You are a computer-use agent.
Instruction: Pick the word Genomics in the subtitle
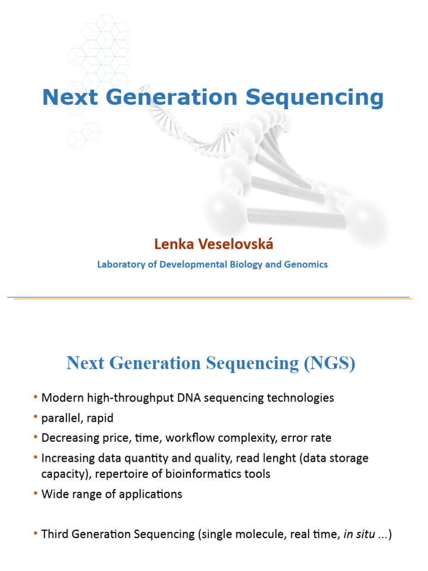click(305, 264)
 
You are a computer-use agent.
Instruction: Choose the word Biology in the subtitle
click(246, 264)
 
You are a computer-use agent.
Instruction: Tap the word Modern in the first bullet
click(61, 398)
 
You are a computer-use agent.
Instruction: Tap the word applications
click(152, 494)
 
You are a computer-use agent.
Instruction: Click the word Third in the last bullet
click(56, 534)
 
